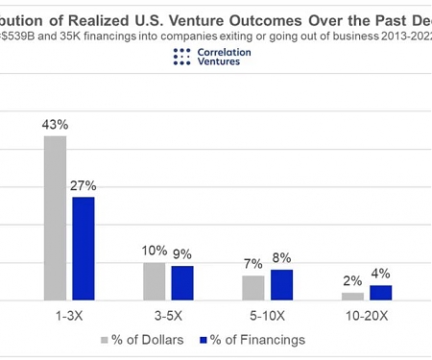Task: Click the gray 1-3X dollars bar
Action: pos(55,218)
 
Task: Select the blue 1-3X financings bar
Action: pos(84,249)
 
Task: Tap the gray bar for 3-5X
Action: pos(154,281)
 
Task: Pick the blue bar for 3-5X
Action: pos(182,283)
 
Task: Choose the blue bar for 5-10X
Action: pos(281,285)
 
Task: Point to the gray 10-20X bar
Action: pos(352,297)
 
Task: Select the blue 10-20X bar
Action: pos(380,293)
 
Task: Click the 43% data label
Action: pos(56,125)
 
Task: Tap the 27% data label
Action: pos(84,185)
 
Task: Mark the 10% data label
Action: pos(154,251)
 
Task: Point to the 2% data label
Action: pos(352,281)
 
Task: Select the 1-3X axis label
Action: pos(69,314)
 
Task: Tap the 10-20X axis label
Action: pos(366,314)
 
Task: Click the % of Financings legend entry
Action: pos(252,340)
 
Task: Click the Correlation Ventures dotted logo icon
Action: pos(182,57)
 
